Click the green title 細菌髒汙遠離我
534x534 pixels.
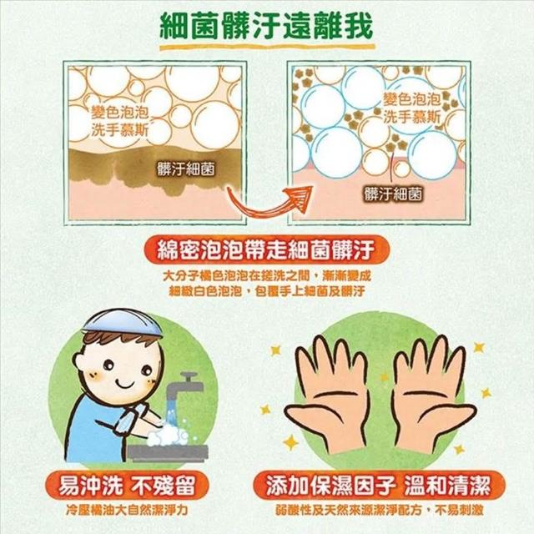pyautogui.click(x=266, y=26)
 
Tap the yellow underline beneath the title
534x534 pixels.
pyautogui.click(x=267, y=47)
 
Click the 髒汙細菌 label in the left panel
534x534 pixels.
pyautogui.click(x=186, y=169)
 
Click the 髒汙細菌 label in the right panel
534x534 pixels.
pyautogui.click(x=393, y=194)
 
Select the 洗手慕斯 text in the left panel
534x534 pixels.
pyautogui.click(x=120, y=129)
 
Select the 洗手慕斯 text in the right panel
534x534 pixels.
pyautogui.click(x=412, y=117)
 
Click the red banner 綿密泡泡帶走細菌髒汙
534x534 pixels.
pyautogui.click(x=266, y=250)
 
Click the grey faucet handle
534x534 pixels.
pyautogui.click(x=189, y=376)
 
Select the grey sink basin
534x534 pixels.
pyautogui.click(x=168, y=453)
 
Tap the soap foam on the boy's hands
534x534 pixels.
pyautogui.click(x=167, y=436)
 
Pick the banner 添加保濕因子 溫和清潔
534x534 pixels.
pyautogui.click(x=379, y=485)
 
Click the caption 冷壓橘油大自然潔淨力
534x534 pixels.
pyautogui.click(x=127, y=510)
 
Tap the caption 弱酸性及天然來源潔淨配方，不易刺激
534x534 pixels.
pyautogui.click(x=379, y=510)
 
